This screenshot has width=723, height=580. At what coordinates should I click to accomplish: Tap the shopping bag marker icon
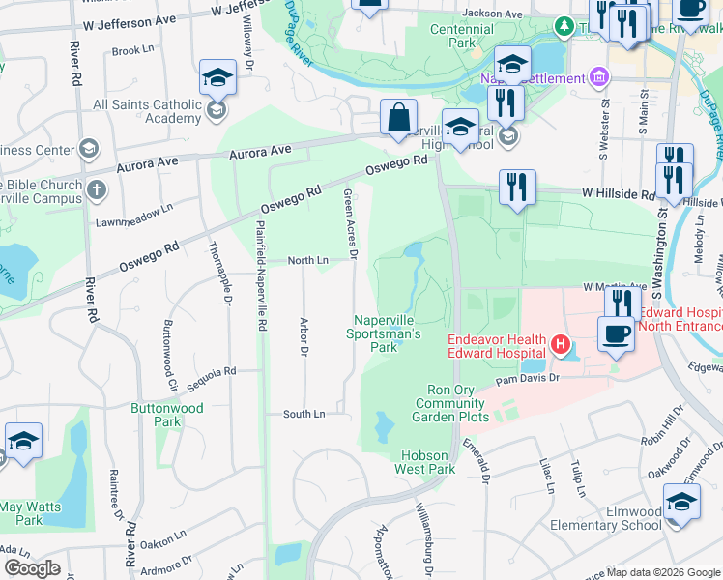[398, 119]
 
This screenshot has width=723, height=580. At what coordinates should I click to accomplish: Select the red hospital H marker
[559, 344]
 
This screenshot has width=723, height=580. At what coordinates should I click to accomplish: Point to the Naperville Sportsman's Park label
[385, 333]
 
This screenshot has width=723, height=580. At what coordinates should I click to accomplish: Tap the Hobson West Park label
[424, 462]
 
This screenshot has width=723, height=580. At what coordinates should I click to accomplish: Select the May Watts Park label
[30, 513]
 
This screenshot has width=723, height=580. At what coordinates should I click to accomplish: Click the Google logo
[31, 567]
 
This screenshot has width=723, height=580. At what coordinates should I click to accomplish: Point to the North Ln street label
[308, 261]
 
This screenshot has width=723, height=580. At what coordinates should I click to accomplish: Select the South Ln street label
[304, 414]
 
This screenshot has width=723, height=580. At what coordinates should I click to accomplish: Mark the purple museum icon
[598, 76]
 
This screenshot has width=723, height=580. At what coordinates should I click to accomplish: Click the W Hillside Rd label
[619, 194]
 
